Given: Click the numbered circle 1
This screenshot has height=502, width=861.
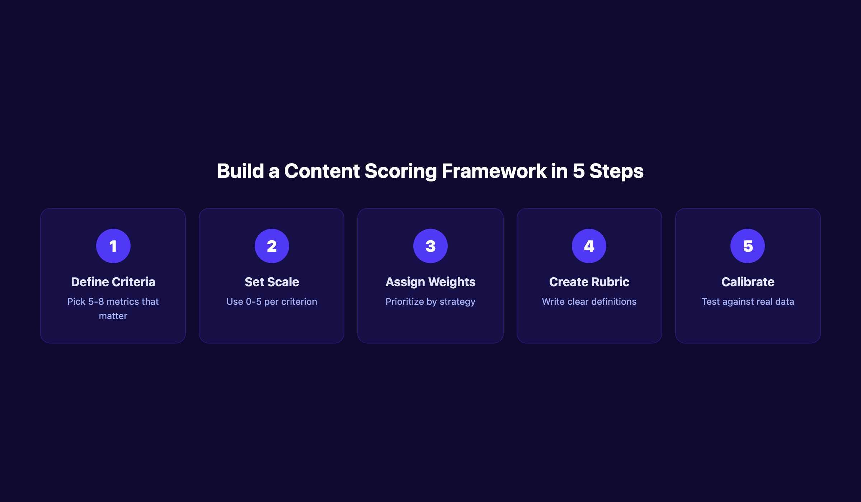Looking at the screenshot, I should (113, 246).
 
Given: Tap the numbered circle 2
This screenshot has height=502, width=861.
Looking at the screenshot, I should (272, 246).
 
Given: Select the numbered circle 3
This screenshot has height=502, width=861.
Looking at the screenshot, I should (430, 246).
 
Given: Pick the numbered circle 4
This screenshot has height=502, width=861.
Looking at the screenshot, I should (589, 246).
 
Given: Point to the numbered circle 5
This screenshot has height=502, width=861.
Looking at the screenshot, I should (747, 246).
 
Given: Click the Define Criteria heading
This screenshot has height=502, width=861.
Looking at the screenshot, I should (113, 282).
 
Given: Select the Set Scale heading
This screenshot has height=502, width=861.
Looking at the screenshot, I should (272, 282).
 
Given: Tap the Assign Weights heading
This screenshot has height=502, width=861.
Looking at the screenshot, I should (430, 282).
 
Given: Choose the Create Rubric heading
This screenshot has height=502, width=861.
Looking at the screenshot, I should (589, 282).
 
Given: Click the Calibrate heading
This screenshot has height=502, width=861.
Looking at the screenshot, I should (748, 282).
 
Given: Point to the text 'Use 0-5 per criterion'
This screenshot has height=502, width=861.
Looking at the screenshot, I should (272, 302).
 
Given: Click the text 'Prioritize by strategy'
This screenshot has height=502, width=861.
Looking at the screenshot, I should (430, 302).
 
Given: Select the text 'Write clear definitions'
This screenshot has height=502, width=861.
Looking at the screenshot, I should (589, 302).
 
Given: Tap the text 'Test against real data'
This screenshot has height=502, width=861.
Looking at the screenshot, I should (748, 302).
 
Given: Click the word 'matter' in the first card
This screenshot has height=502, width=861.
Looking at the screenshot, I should (113, 316).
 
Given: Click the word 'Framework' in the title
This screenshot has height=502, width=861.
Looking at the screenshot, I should (494, 171).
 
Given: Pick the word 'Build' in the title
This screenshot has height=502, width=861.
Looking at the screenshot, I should (240, 171).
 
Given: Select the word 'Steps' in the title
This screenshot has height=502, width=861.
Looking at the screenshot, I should (616, 171).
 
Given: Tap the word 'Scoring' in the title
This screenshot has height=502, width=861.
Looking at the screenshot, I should (401, 171).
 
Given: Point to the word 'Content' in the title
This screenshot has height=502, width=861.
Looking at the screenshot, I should (322, 171).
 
